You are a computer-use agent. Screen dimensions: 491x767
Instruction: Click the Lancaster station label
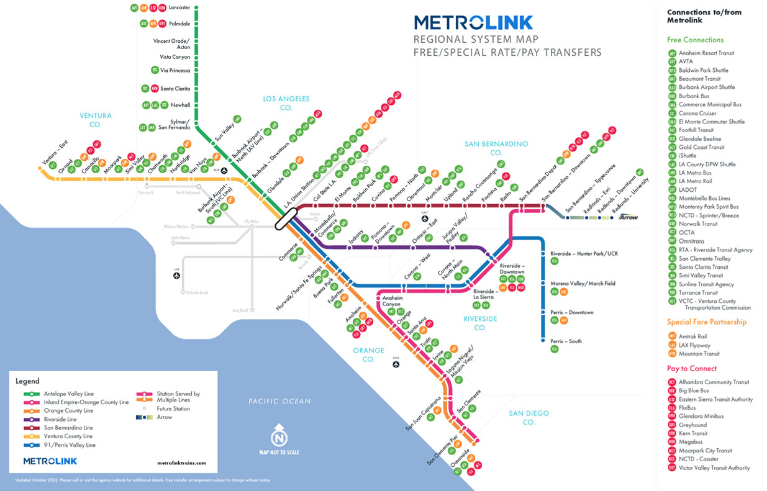tap(179, 9)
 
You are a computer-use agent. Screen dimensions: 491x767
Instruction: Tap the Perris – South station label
tap(566, 341)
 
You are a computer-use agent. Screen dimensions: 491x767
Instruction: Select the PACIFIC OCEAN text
tap(279, 402)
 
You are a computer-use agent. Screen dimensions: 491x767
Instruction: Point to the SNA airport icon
tap(396, 364)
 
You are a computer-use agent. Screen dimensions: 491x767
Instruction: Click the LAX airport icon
tap(177, 277)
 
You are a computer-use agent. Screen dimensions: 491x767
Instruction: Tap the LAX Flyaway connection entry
tap(694, 345)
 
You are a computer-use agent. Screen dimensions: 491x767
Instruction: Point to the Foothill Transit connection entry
tap(696, 130)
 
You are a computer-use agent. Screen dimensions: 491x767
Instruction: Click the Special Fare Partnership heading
tap(706, 322)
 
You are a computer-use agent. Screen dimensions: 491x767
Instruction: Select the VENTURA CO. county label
tap(95, 120)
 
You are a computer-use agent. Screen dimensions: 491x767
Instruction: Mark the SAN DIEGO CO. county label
tap(528, 418)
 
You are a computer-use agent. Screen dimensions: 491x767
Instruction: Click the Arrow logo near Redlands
tap(628, 217)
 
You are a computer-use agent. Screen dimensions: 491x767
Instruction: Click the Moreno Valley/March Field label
tap(583, 284)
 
